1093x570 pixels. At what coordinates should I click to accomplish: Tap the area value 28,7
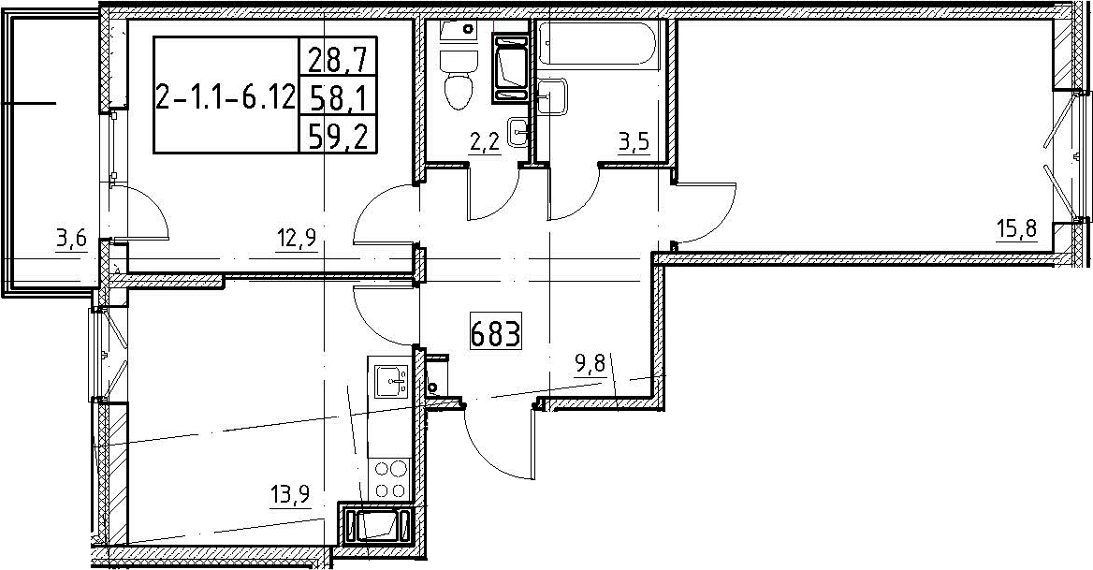pos(337,57)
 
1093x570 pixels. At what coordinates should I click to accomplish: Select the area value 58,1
pos(337,96)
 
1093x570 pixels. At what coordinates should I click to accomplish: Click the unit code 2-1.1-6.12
pos(226,99)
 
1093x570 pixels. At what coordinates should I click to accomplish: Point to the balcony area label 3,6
pos(72,241)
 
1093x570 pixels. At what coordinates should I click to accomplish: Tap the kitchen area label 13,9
pos(289,496)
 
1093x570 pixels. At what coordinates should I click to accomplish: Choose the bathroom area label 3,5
pos(634,144)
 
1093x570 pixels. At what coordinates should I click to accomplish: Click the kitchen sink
pos(391,380)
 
